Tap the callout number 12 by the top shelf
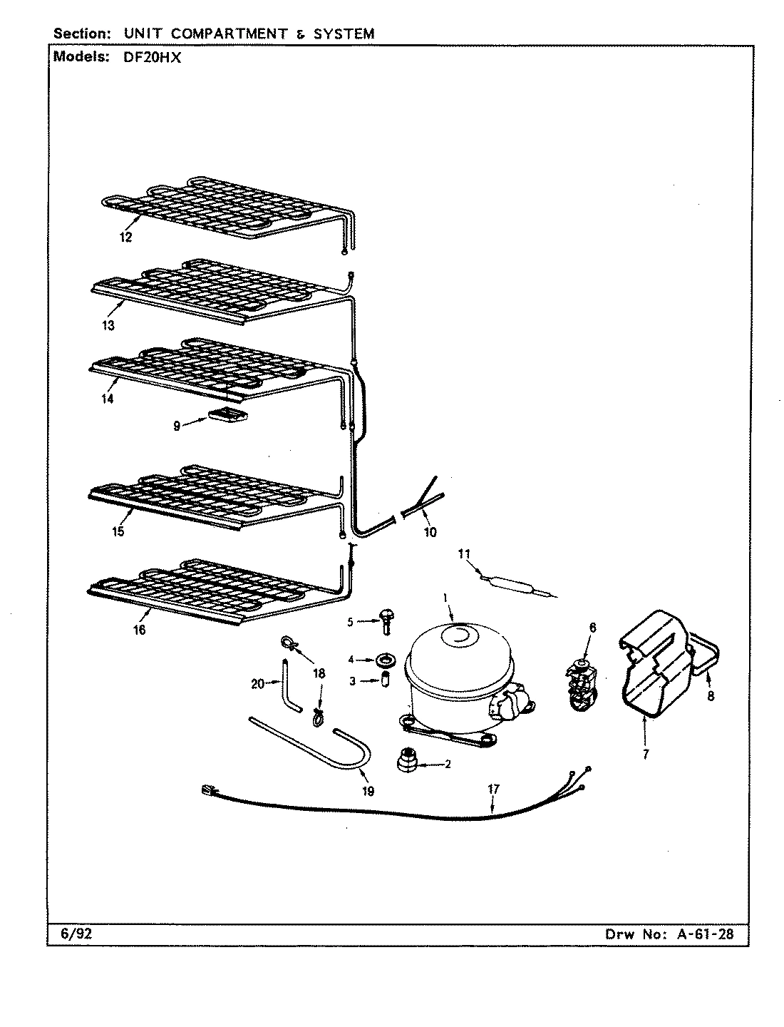[x=125, y=237]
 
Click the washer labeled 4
[x=388, y=658]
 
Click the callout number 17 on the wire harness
[x=493, y=789]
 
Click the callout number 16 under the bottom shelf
[x=139, y=630]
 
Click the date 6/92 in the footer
[x=63, y=934]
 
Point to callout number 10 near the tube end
[x=430, y=532]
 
